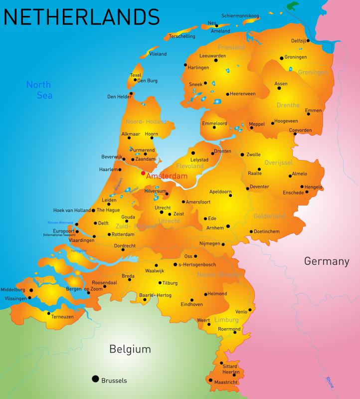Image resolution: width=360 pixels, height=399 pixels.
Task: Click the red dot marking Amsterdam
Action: click(143, 173)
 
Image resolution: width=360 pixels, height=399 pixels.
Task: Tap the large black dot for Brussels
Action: click(95, 379)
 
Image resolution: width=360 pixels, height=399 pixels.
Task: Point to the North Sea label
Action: click(39, 90)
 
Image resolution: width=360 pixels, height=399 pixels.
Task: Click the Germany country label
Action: click(327, 261)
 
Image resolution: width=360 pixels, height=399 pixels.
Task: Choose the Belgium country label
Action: click(130, 349)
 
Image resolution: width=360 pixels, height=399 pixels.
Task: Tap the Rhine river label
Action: click(330, 382)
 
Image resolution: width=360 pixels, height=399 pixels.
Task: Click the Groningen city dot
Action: click(281, 57)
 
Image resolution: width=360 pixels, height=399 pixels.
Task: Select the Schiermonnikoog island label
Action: click(240, 16)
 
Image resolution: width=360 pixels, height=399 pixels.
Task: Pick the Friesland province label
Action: click(231, 47)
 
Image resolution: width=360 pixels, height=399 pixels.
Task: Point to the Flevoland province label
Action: click(190, 166)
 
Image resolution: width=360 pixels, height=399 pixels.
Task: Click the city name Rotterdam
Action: click(123, 234)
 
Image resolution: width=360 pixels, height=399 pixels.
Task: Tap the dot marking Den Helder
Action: click(131, 93)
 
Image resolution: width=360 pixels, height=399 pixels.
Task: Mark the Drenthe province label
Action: click(288, 105)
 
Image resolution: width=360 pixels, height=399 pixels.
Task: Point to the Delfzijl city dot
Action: click(308, 41)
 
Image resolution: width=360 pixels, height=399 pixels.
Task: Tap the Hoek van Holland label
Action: click(72, 210)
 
